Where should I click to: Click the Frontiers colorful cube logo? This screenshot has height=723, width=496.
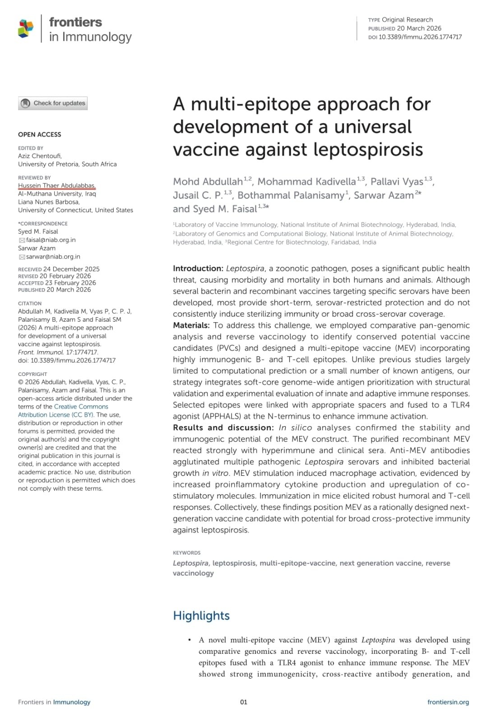[26, 28]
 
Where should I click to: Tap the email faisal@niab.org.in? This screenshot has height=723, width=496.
[51, 240]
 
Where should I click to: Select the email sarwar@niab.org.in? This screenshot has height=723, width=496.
[53, 257]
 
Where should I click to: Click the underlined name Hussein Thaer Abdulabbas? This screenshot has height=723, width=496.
[56, 186]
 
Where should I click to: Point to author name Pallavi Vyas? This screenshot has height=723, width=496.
[397, 182]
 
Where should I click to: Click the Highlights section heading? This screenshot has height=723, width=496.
[201, 615]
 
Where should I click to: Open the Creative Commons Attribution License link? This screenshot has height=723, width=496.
[63, 410]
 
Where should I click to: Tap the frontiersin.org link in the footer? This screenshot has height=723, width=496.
[448, 702]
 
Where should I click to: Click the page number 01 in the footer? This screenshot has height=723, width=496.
[244, 702]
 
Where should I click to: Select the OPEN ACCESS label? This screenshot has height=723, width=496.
[39, 134]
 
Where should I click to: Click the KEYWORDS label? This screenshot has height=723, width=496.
[186, 553]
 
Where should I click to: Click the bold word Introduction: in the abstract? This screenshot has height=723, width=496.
[198, 268]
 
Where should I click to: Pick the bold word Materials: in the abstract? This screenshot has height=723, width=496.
[191, 325]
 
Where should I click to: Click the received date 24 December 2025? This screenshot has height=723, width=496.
[71, 269]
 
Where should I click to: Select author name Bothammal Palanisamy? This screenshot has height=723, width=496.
[290, 195]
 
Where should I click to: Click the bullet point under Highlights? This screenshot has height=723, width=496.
[189, 640]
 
